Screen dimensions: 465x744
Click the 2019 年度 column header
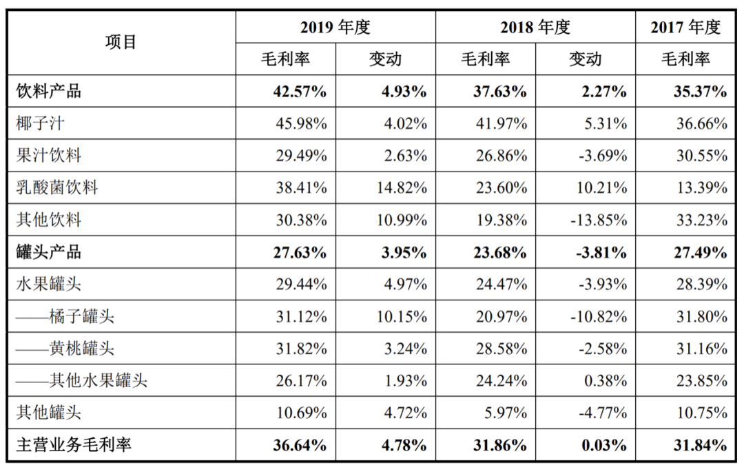click(335, 27)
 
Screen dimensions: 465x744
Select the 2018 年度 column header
click(535, 27)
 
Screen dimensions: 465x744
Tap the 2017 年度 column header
click(685, 27)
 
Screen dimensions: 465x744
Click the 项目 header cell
click(121, 42)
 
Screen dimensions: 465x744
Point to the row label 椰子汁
click(41, 124)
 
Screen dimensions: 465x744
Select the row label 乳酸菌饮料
click(57, 187)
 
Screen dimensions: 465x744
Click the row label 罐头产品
click(49, 251)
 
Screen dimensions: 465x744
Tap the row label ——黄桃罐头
click(65, 348)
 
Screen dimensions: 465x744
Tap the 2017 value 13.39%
click(703, 187)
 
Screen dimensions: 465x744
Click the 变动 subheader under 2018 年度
click(585, 59)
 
